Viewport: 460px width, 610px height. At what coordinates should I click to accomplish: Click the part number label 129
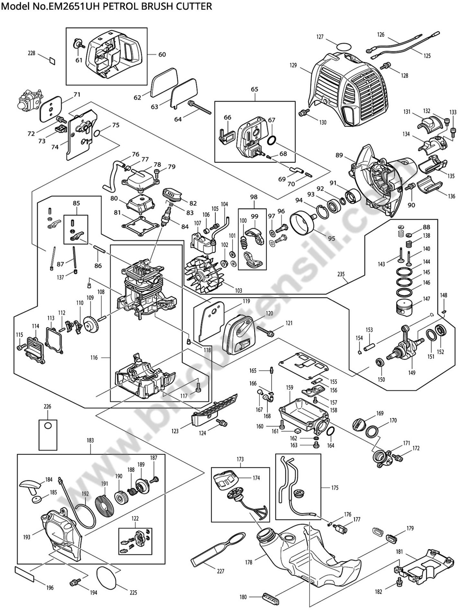(293, 65)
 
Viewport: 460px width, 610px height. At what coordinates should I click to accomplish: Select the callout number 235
(341, 274)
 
